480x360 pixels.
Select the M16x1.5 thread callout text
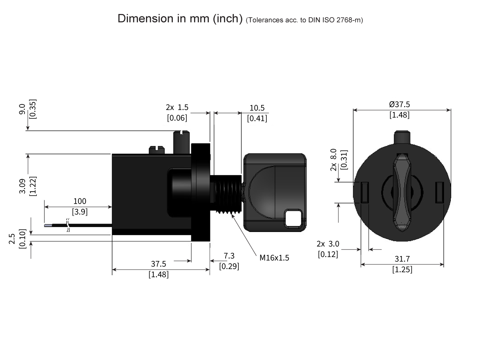coord(274,258)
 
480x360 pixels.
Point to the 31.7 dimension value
coord(402,259)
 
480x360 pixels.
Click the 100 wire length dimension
coord(80,201)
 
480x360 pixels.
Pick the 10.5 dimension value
coord(257,108)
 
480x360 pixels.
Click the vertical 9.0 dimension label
coord(22,109)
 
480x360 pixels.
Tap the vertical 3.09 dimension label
coord(22,186)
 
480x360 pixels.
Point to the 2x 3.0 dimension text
coord(328,244)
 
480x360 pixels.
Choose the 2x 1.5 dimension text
coord(177,108)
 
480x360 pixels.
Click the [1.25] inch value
coord(402,270)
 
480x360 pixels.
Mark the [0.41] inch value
coord(257,118)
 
